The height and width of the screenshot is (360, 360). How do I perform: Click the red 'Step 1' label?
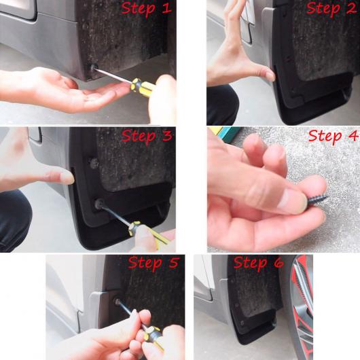(146, 8)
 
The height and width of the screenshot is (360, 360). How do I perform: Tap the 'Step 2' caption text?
(331, 8)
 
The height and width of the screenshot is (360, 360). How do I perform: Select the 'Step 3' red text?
(147, 135)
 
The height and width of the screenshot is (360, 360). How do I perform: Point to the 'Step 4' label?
(333, 136)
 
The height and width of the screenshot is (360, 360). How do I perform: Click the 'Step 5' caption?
(154, 262)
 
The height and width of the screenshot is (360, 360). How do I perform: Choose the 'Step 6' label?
(259, 262)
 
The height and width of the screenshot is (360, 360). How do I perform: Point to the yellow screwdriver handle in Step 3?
(147, 234)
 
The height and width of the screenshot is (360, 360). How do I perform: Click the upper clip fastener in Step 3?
(94, 163)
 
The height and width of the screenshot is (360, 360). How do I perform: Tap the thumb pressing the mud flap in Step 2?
(264, 73)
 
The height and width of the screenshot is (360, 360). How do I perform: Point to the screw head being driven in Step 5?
(118, 301)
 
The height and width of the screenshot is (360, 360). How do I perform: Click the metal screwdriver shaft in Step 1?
(113, 74)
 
